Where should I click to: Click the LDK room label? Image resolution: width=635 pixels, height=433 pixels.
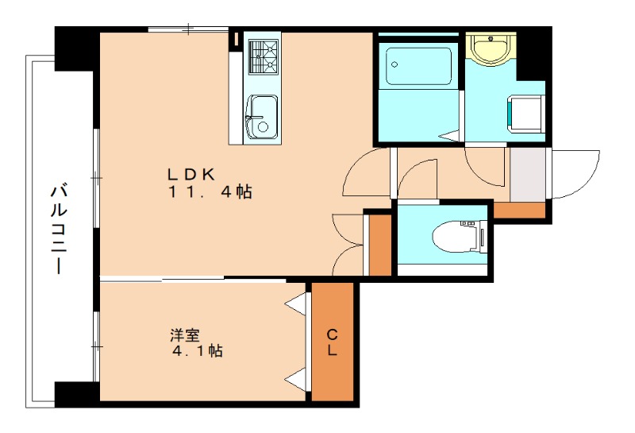point(191,174)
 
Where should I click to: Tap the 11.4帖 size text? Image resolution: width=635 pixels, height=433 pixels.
point(210,191)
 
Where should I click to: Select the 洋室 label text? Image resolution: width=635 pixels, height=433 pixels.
point(185,335)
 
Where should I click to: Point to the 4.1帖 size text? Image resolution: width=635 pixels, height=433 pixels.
point(197,350)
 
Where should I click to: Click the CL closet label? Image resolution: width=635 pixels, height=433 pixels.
point(332,342)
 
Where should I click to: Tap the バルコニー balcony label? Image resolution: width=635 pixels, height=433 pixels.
point(59,230)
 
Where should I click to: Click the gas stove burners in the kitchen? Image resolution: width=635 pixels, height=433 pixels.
point(264,56)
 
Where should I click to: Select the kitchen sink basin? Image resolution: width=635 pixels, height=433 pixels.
point(263,117)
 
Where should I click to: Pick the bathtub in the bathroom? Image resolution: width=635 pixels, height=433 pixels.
point(419,67)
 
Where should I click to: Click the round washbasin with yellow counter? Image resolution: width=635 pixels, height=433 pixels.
point(491,48)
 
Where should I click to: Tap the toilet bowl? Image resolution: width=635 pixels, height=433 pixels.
point(459,237)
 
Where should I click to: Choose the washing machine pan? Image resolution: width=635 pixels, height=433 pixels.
point(526,113)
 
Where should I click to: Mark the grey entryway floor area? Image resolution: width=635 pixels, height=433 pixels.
point(528,174)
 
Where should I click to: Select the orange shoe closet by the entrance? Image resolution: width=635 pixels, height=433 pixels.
point(519,210)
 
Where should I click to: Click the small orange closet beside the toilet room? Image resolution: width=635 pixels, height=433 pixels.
point(380,245)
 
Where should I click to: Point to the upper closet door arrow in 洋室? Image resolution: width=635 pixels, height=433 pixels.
point(294,303)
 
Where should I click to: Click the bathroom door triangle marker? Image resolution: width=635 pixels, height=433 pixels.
point(450,136)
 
